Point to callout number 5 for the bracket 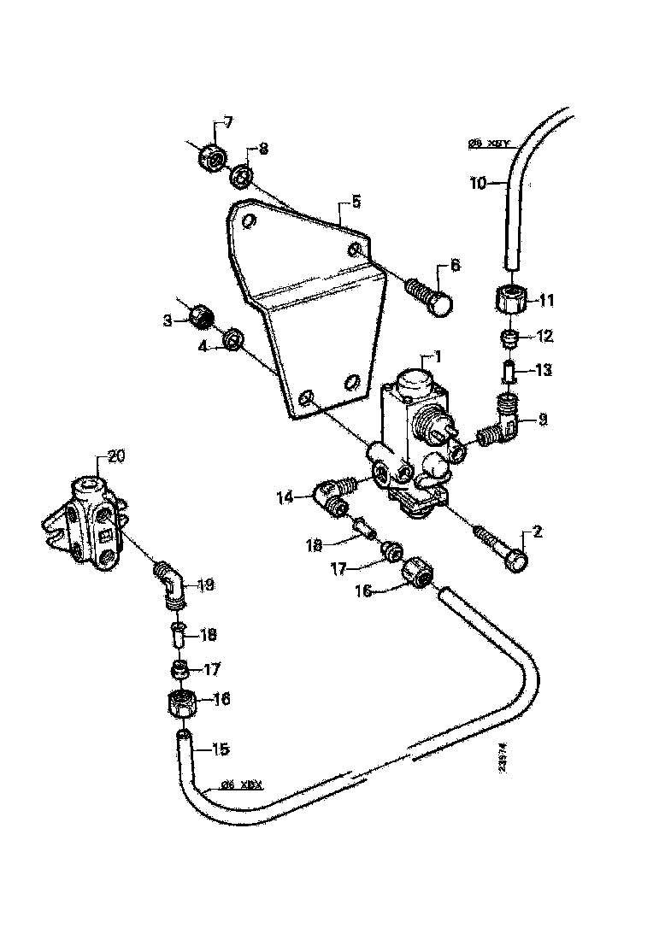coord(355,203)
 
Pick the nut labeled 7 coord(210,157)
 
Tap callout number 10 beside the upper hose coord(477,182)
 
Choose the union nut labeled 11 coord(509,300)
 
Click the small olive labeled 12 coord(509,338)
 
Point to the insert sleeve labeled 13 coord(509,373)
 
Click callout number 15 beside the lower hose coord(220,749)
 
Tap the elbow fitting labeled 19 coord(171,588)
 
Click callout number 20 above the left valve coord(115,455)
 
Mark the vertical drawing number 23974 coord(501,759)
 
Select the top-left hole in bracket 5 coord(248,222)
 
